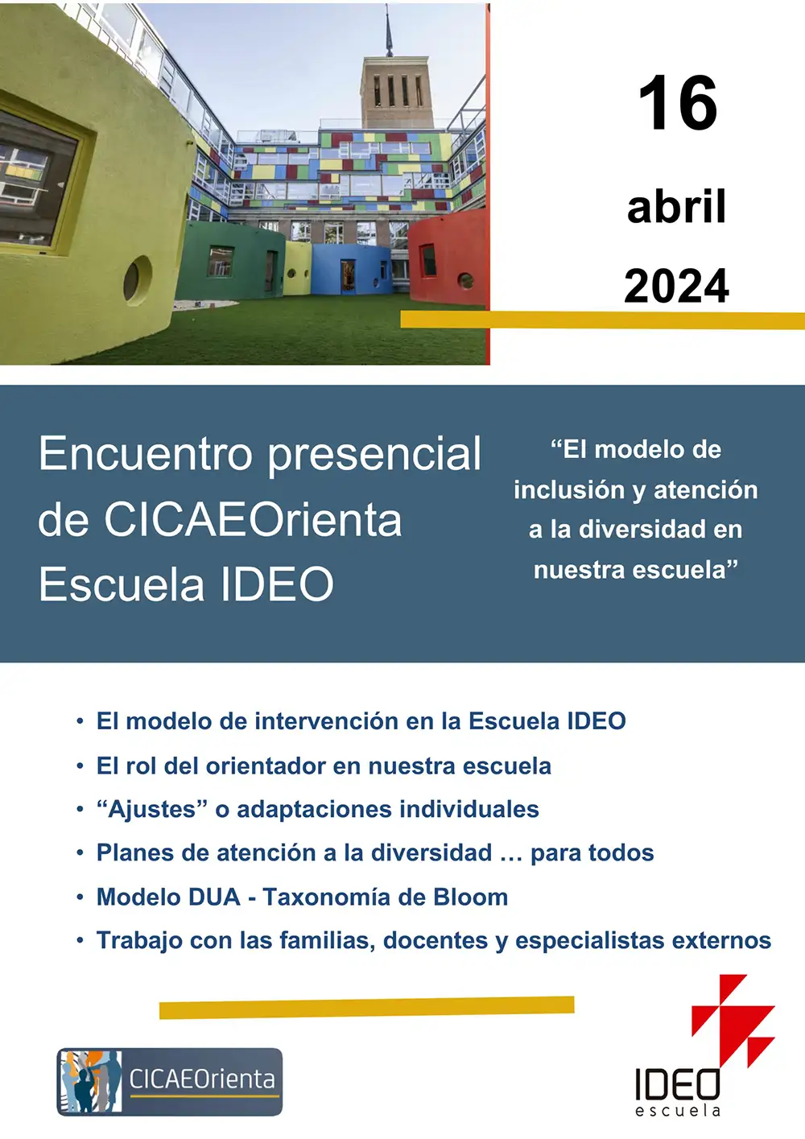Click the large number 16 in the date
point(677,103)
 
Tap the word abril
point(676,207)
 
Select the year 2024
point(676,287)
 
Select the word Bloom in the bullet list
point(470,897)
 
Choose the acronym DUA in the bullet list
point(213,897)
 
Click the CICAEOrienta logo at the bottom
point(170,1081)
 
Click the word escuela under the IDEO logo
point(677,1111)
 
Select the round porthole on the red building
point(465,281)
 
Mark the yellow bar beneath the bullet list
point(366,1007)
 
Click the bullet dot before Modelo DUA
point(80,897)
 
